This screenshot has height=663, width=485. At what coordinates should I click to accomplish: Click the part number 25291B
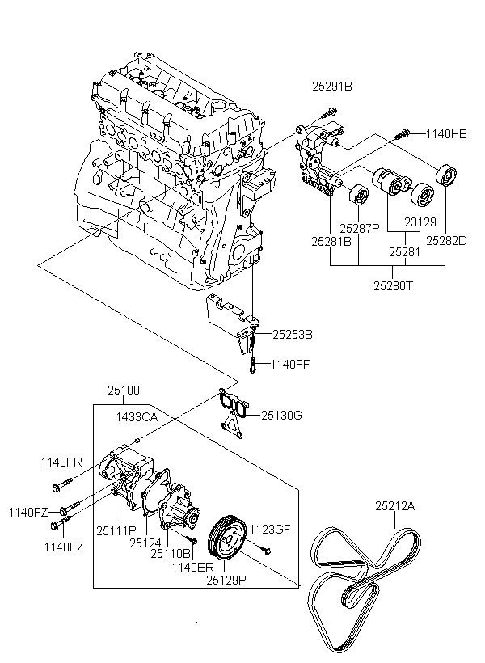click(x=333, y=85)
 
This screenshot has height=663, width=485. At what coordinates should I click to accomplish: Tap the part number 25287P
click(x=359, y=229)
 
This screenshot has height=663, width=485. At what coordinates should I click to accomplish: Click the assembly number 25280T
click(x=394, y=285)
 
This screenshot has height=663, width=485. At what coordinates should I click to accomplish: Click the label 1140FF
click(x=290, y=365)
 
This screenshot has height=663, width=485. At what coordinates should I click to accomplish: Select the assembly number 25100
click(x=124, y=391)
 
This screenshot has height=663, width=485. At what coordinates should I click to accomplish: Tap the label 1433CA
click(x=137, y=416)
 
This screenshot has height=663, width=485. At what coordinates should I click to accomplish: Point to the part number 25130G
click(x=280, y=416)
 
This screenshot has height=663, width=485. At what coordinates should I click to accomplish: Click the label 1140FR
click(x=62, y=462)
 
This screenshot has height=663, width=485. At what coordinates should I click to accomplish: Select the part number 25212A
click(x=394, y=506)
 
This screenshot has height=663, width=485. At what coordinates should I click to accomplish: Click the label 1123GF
click(x=269, y=530)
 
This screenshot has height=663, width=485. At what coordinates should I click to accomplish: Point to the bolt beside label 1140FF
click(x=254, y=364)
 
